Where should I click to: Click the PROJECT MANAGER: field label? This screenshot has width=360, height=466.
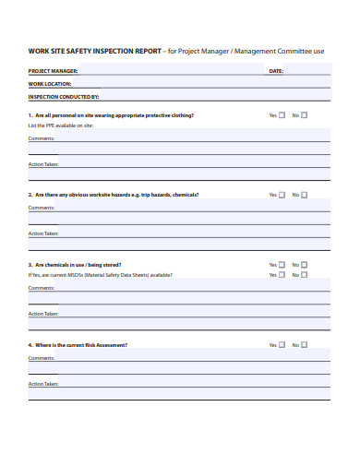click(x=54, y=70)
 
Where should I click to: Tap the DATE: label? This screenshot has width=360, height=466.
click(x=276, y=70)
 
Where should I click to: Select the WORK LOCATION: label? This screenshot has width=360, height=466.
click(x=50, y=83)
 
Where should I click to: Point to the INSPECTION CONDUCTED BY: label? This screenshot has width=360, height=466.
click(x=64, y=96)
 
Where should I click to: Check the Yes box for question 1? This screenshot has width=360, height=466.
click(x=282, y=115)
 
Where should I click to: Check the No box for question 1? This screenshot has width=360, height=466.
click(x=305, y=115)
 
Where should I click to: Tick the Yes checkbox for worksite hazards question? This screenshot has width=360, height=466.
click(x=282, y=195)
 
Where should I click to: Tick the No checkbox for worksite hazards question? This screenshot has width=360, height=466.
click(x=305, y=195)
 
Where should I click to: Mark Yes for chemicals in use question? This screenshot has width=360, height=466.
click(x=282, y=265)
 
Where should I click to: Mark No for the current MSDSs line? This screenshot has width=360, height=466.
click(x=305, y=274)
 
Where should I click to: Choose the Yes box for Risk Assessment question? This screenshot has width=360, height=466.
click(x=282, y=344)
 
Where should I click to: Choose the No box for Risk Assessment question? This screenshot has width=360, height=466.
click(x=305, y=344)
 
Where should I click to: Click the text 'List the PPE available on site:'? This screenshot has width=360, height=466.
click(x=63, y=125)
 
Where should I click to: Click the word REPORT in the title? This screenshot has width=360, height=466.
click(x=144, y=51)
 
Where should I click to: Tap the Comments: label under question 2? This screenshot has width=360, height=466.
click(x=42, y=208)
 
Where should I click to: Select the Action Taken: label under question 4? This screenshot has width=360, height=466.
click(x=43, y=383)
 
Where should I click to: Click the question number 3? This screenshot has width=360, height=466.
click(x=30, y=265)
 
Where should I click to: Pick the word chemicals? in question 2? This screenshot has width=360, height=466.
click(x=184, y=195)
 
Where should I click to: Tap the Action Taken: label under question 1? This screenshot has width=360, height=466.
click(x=43, y=163)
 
